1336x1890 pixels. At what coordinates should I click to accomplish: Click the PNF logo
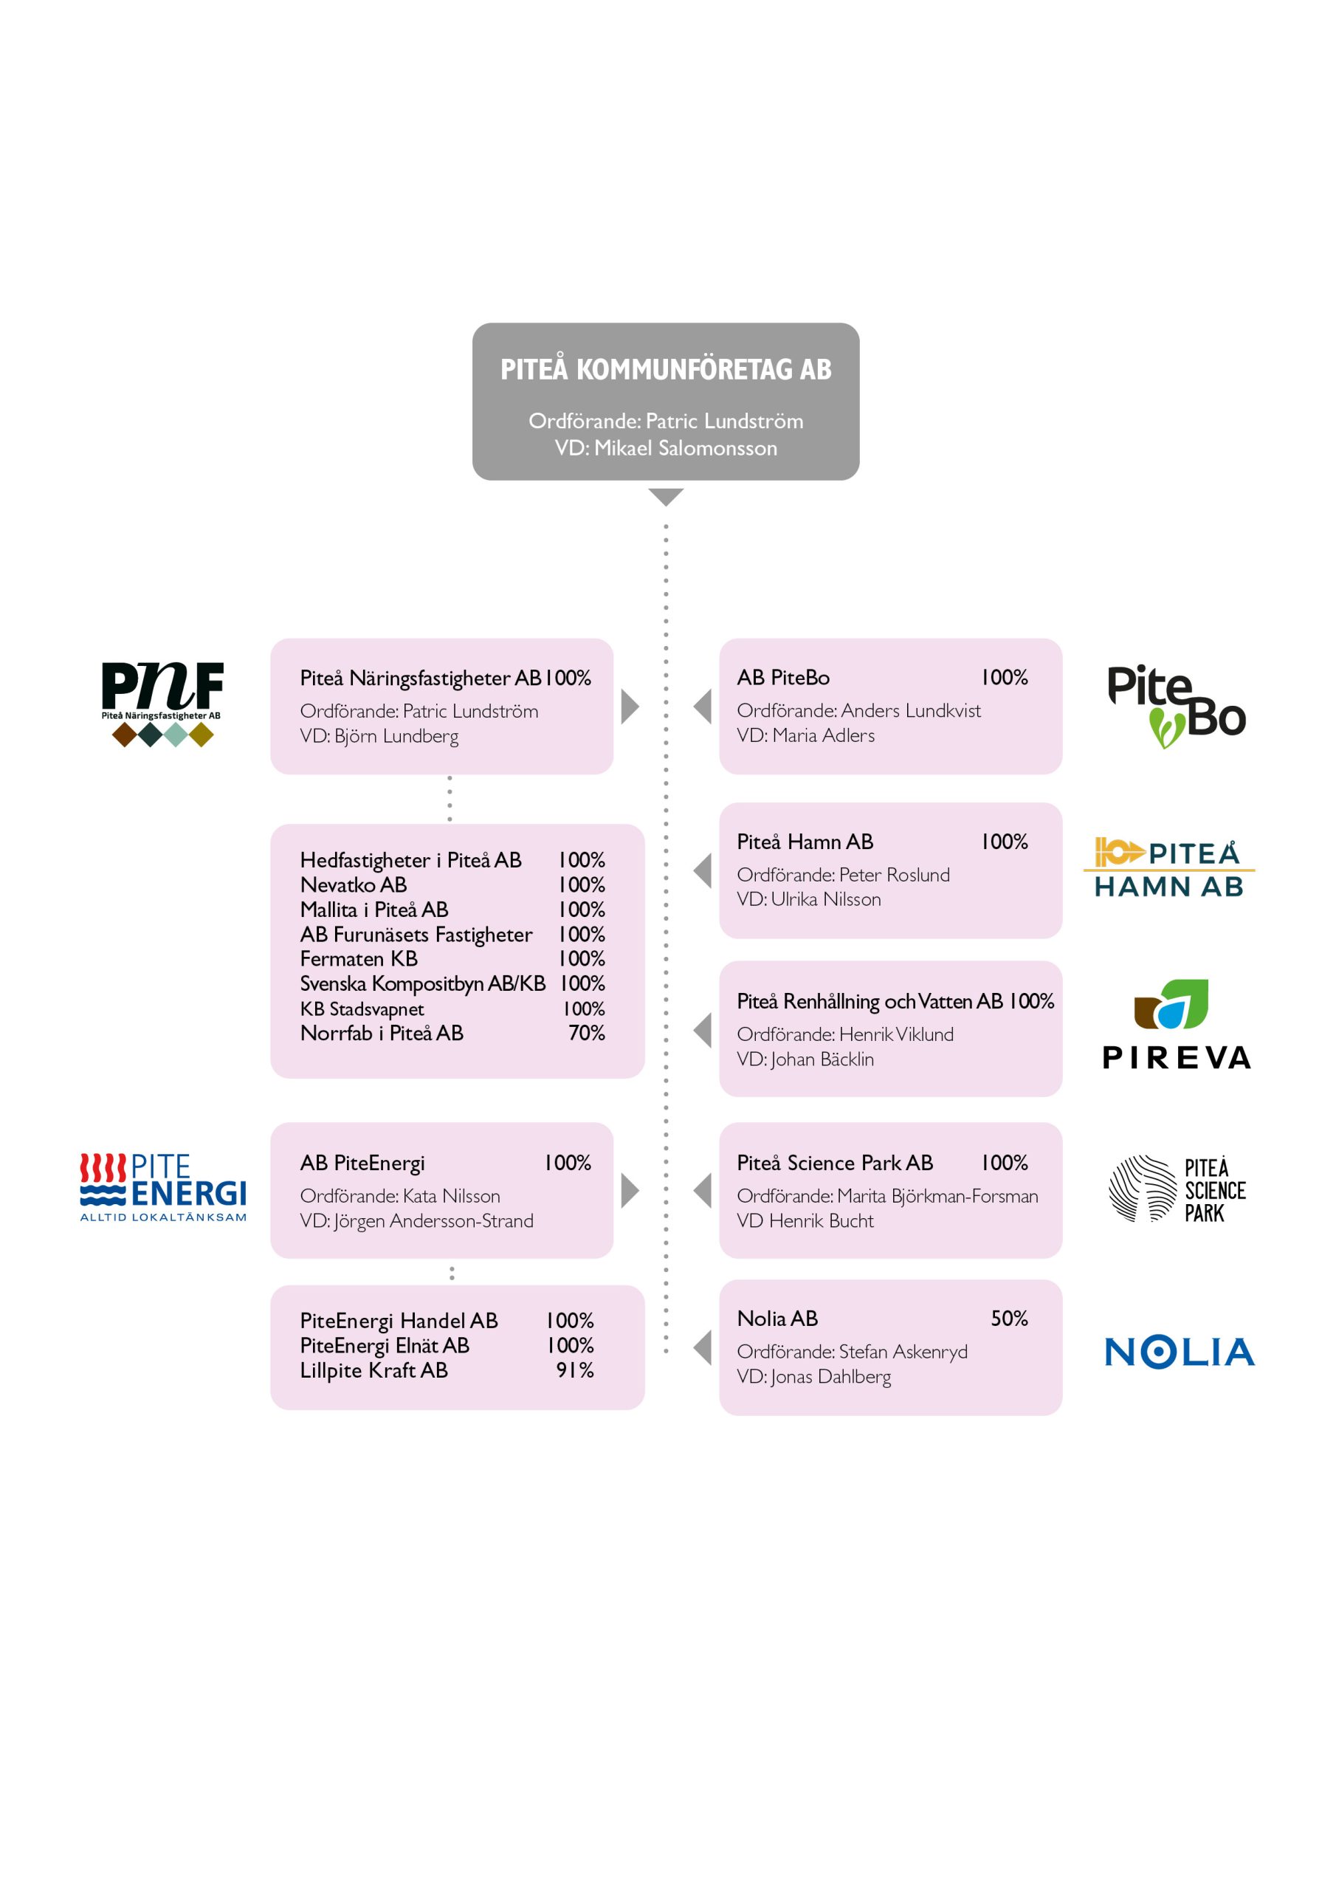pyautogui.click(x=162, y=704)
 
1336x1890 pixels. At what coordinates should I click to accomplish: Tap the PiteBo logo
pyautogui.click(x=1177, y=707)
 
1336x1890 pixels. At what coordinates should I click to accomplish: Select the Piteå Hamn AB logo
pyautogui.click(x=1169, y=867)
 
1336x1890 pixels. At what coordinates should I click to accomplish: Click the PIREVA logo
pyautogui.click(x=1177, y=1024)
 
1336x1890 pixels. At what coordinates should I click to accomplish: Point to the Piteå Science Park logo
pyautogui.click(x=1177, y=1189)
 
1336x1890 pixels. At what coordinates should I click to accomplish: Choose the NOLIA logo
pyautogui.click(x=1180, y=1353)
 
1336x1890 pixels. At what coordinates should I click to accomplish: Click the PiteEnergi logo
pyautogui.click(x=163, y=1187)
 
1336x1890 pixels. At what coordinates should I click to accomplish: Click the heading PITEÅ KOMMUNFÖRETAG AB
pyautogui.click(x=666, y=369)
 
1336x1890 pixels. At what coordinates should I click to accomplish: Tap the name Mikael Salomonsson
pyautogui.click(x=686, y=448)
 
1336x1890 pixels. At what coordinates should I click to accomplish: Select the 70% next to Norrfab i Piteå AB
pyautogui.click(x=587, y=1033)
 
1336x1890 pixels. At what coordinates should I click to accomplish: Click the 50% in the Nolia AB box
pyautogui.click(x=1009, y=1319)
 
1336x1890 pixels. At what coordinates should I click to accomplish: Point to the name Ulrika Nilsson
pyautogui.click(x=826, y=899)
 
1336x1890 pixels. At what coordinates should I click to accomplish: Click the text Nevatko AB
pyautogui.click(x=353, y=885)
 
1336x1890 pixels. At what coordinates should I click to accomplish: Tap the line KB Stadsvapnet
pyautogui.click(x=362, y=1009)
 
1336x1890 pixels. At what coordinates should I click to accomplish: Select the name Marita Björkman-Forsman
pyautogui.click(x=937, y=1196)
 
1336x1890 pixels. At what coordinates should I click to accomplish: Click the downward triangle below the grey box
pyautogui.click(x=666, y=497)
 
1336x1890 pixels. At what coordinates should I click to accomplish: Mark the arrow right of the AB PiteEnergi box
pyautogui.click(x=630, y=1190)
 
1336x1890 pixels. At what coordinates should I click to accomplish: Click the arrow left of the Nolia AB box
pyautogui.click(x=702, y=1347)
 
